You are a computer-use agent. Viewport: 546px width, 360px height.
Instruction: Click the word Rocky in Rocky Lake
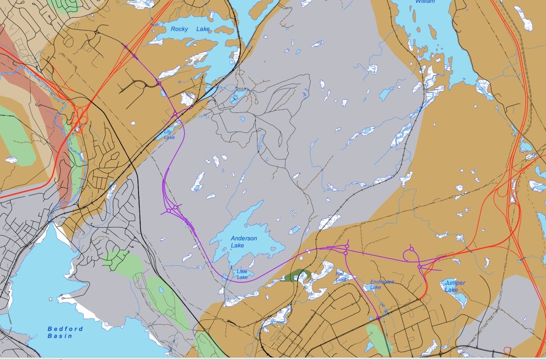pyautogui.click(x=179, y=29)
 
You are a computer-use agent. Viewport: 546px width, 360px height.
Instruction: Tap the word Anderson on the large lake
pyautogui.click(x=243, y=238)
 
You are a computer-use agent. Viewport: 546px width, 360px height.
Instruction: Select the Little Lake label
pyautogui.click(x=242, y=274)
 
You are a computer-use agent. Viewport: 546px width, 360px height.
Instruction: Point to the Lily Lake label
pyautogui.click(x=169, y=134)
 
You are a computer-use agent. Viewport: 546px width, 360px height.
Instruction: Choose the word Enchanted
pyautogui.click(x=382, y=282)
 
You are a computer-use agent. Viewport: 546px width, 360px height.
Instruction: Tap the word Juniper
pyautogui.click(x=455, y=283)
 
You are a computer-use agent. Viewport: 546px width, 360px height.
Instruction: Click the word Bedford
pyautogui.click(x=66, y=329)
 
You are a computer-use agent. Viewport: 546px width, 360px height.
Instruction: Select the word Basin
pyautogui.click(x=60, y=336)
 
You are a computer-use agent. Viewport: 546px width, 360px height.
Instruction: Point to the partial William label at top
pyautogui.click(x=425, y=2)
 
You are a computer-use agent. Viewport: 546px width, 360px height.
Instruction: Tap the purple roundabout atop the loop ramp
pyautogui.click(x=411, y=249)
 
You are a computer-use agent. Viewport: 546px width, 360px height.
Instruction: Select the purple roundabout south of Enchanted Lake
pyautogui.click(x=378, y=318)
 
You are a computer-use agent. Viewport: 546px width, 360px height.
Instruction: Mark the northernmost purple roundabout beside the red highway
pyautogui.click(x=126, y=46)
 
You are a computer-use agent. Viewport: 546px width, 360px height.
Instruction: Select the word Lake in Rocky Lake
pyautogui.click(x=203, y=29)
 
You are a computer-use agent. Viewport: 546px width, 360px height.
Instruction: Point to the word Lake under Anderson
pyautogui.click(x=237, y=246)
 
